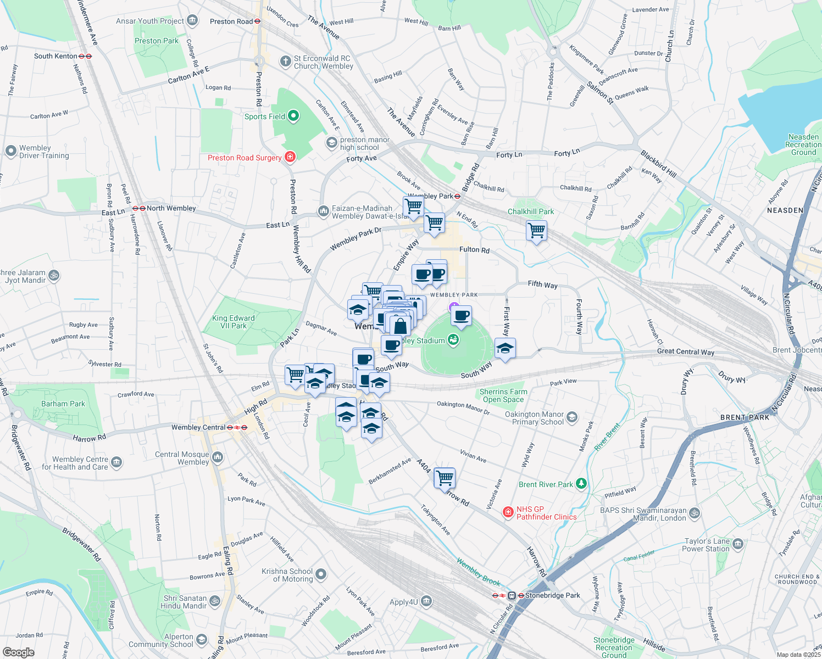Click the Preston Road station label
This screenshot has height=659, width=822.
pos(231,21)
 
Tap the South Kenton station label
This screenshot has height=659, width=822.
pos(55,56)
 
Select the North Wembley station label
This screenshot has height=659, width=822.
pos(171,208)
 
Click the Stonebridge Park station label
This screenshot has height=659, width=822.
pos(552,595)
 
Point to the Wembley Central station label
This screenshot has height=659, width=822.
pos(198,427)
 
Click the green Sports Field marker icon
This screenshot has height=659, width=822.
pos(293,116)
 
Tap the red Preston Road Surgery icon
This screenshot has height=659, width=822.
pos(290,158)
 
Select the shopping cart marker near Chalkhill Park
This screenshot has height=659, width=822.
pos(536,230)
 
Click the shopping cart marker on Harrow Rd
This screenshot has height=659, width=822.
pos(445,478)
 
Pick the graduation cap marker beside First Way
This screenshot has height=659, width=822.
pos(505,349)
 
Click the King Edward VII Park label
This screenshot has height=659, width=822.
pos(234,322)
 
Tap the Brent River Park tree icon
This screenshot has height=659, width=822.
pos(581,484)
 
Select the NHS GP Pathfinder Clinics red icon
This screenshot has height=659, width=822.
pos(508,512)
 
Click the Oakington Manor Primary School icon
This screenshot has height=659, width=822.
pos(572,417)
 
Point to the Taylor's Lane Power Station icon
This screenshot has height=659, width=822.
pos(737,544)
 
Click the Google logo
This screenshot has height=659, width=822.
pos(18,652)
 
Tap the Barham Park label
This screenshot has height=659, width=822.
pos(63,404)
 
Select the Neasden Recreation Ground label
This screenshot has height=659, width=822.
pos(803,144)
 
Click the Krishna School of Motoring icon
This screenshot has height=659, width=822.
pos(321,574)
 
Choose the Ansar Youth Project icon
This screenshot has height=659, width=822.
pos(192,21)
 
